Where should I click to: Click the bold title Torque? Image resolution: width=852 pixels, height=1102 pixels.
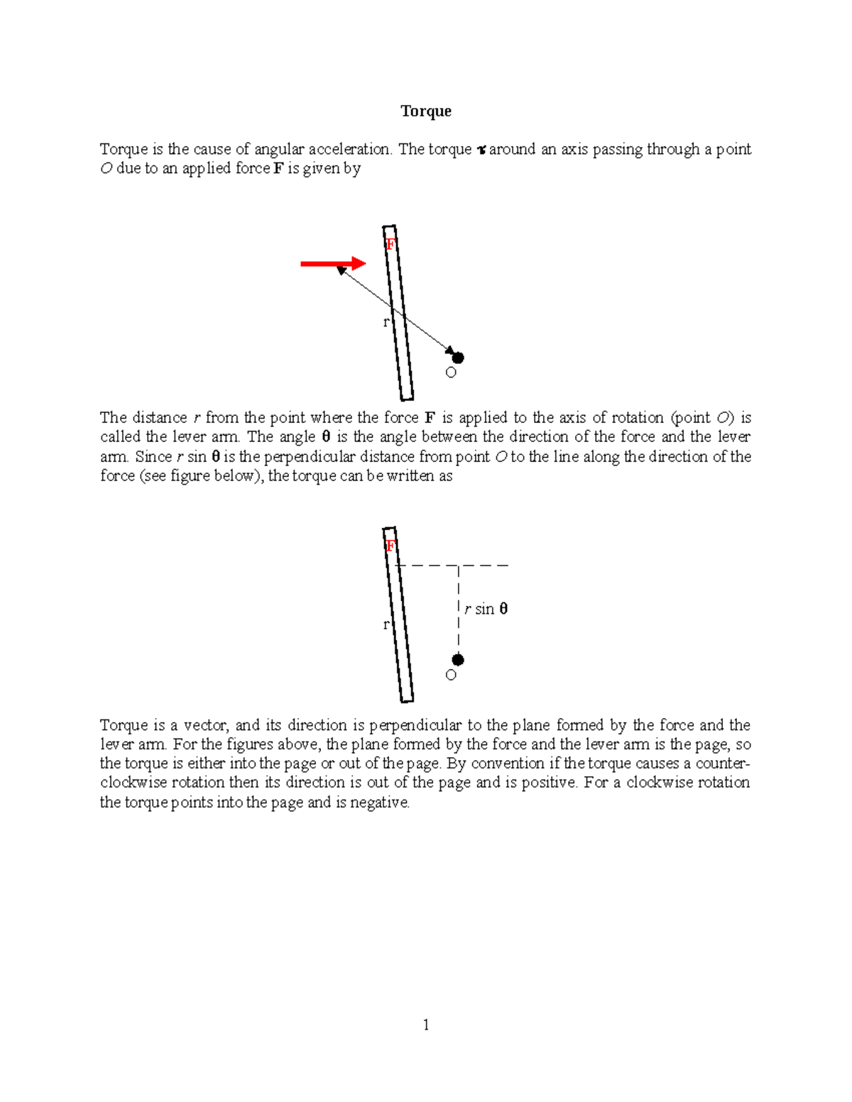pyautogui.click(x=425, y=111)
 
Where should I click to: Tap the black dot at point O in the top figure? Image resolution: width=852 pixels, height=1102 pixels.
pyautogui.click(x=458, y=358)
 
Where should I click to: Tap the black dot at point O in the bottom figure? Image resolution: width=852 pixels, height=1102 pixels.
pyautogui.click(x=458, y=660)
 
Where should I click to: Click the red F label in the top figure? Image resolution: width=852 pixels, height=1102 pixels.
pyautogui.click(x=390, y=245)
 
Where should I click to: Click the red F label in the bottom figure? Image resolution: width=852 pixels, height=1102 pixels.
pyautogui.click(x=390, y=546)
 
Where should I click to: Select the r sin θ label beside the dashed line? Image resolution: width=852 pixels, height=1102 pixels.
pyautogui.click(x=486, y=609)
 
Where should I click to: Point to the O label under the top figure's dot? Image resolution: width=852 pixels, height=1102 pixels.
pyautogui.click(x=451, y=373)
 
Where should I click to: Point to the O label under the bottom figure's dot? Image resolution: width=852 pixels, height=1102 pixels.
pyautogui.click(x=451, y=675)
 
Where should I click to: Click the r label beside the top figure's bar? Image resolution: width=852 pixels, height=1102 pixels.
pyautogui.click(x=386, y=322)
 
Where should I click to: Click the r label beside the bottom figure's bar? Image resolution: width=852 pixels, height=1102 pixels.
pyautogui.click(x=386, y=624)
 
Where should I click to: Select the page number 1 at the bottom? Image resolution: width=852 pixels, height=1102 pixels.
pyautogui.click(x=425, y=1024)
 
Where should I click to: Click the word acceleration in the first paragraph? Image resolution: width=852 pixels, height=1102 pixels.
pyautogui.click(x=349, y=149)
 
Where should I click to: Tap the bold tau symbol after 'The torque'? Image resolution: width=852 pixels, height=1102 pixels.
pyautogui.click(x=481, y=150)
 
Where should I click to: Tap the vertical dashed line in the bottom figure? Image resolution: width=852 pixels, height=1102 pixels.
pyautogui.click(x=459, y=610)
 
